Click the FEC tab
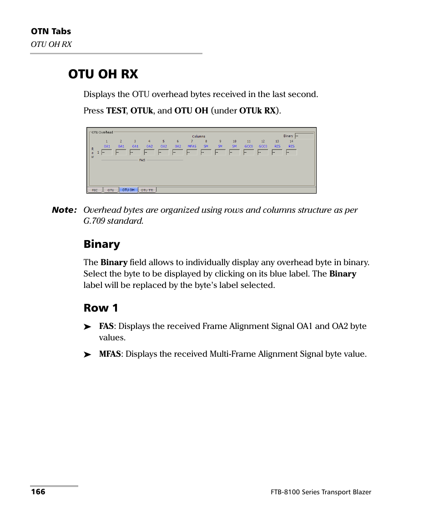(95, 190)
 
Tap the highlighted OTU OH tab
(128, 190)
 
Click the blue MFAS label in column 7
(192, 146)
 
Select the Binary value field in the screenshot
(304, 136)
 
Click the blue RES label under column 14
(291, 146)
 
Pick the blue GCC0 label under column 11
(248, 146)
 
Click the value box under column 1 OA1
(107, 153)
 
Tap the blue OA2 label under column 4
(149, 146)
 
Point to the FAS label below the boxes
(142, 160)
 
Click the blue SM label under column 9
(220, 146)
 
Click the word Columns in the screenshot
(198, 136)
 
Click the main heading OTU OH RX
(103, 74)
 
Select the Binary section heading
(101, 244)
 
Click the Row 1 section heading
(101, 308)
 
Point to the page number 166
(38, 492)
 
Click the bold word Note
(64, 210)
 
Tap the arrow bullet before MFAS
(87, 354)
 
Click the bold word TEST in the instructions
(116, 111)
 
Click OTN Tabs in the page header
(51, 31)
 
